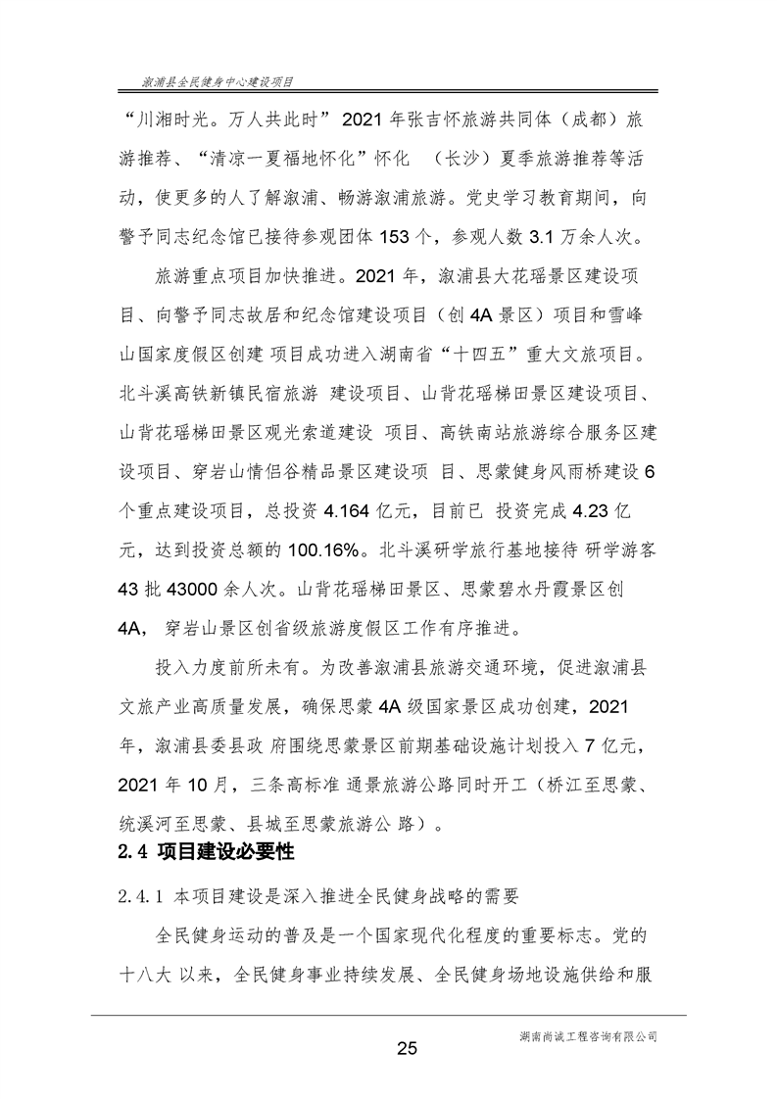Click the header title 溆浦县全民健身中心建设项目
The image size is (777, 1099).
pos(218,84)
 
